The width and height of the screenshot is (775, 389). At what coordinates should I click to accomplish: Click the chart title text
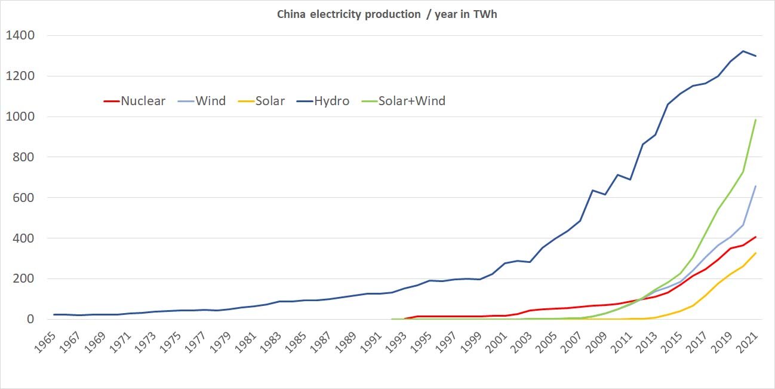point(387,14)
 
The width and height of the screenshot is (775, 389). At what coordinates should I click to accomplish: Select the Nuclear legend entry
point(143,101)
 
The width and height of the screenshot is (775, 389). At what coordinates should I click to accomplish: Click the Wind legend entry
point(211,101)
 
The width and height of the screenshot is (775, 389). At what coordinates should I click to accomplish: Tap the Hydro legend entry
point(332,101)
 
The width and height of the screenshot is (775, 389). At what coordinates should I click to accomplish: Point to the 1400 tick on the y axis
point(20,36)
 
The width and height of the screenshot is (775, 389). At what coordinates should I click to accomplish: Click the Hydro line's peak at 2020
point(743,51)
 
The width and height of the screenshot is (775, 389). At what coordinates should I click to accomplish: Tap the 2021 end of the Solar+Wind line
point(755,120)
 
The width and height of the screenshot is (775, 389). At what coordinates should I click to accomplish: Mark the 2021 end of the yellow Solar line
point(755,253)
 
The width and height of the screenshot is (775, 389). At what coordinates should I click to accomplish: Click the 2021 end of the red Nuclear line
point(755,237)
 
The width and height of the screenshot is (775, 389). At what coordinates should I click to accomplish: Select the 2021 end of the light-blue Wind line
point(755,186)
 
